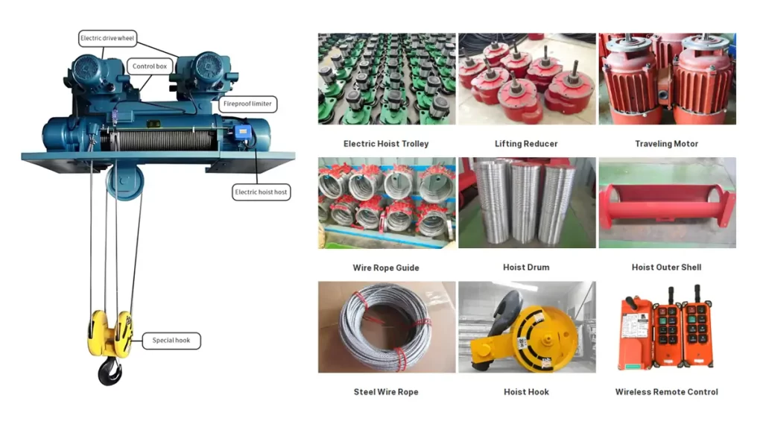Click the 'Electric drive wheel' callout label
coord(107,39)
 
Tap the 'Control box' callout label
coord(149,66)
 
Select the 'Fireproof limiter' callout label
coord(247,104)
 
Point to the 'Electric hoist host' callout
coord(261,192)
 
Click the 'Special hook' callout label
coord(171,341)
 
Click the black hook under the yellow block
coord(110,371)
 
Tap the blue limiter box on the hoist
coord(242,131)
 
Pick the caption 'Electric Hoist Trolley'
coord(386,144)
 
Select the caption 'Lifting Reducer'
coord(526,144)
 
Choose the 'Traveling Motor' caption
coord(667,144)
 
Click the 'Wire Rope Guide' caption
coord(386,268)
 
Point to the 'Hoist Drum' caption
coord(526,268)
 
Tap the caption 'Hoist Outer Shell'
coord(667,268)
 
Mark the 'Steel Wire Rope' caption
coord(386,392)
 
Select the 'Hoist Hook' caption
coord(526,392)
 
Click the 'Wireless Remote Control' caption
coord(667,392)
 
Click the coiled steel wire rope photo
coord(387,327)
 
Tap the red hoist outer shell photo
coord(667,203)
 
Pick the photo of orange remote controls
coord(667,327)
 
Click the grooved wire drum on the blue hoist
coord(158,140)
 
